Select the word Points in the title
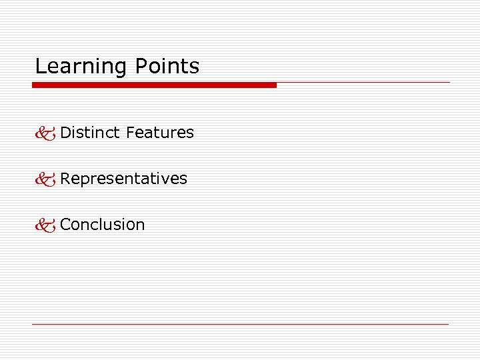[167, 67]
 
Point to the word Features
[160, 133]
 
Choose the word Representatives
[124, 179]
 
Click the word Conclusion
[103, 225]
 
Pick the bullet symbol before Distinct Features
[45, 133]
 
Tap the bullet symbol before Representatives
[45, 179]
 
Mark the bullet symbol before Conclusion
[45, 225]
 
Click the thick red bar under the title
[154, 85]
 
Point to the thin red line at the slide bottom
[240, 324]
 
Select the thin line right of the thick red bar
[363, 83]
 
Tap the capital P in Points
[141, 67]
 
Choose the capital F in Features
[130, 133]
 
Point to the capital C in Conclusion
[65, 225]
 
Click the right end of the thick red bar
[274, 85]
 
